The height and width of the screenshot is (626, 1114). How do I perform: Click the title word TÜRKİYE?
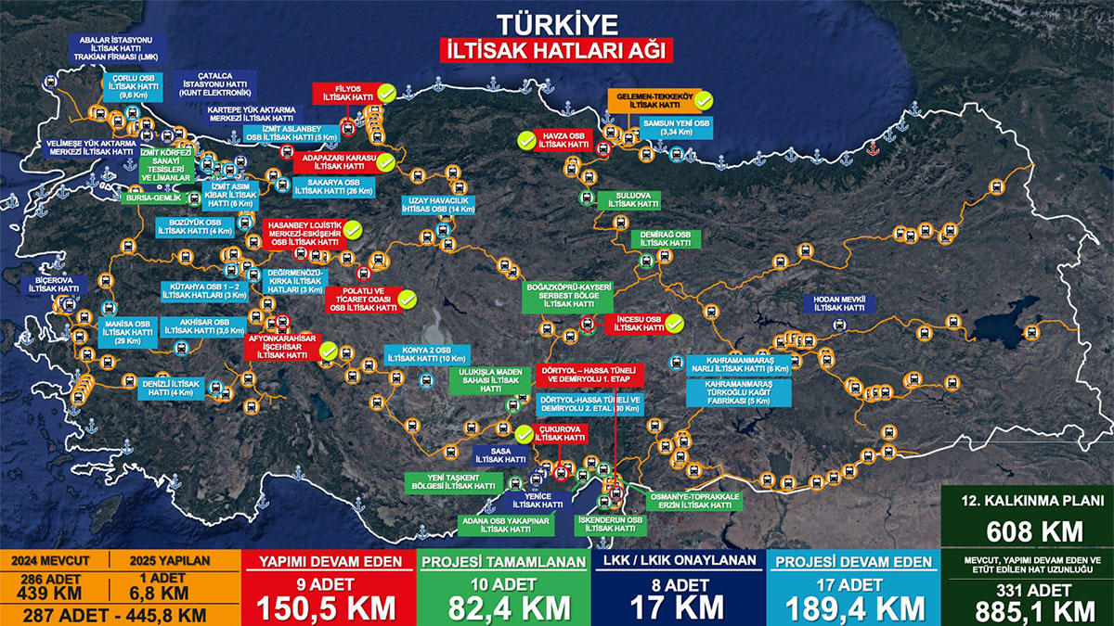556,23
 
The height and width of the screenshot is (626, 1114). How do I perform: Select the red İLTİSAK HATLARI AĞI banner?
556,50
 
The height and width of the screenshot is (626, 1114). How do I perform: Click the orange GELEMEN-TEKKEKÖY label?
651,100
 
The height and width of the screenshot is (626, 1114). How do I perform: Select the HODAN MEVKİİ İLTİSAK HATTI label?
839,303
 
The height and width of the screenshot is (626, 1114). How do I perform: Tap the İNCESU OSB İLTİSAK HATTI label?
640,323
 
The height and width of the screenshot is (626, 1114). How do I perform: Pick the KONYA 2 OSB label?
426,354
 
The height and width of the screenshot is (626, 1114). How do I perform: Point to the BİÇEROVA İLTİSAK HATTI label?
54,284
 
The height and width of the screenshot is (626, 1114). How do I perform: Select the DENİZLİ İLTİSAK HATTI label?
173,388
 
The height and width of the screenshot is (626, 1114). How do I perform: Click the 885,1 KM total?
1026,609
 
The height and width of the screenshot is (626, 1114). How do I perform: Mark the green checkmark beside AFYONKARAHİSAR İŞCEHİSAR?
328,350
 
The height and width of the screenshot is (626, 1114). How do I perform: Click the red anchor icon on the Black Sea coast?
872,148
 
